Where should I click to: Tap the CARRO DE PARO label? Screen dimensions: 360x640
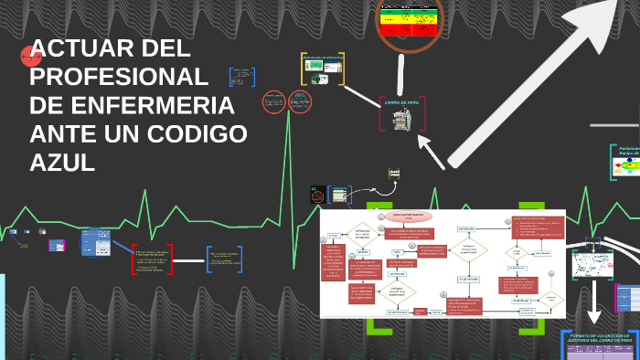401,103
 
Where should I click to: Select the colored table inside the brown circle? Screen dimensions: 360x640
410,19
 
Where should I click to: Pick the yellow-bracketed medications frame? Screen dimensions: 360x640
323,69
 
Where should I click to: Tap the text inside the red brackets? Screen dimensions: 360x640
153,260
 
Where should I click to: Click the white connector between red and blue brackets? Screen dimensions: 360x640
190,260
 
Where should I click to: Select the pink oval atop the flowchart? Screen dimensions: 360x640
409,217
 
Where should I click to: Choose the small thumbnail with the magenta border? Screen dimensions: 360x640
57,245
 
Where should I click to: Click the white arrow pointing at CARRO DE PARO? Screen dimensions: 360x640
432,151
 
